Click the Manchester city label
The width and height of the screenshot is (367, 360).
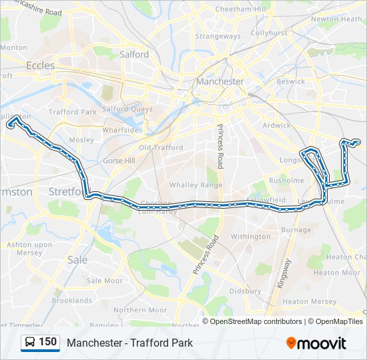pos(220,81)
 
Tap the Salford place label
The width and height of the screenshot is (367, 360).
pos(134,55)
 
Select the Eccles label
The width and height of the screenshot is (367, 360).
pos(40,65)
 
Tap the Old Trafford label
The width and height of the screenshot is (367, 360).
pos(160,147)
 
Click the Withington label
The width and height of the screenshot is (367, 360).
pos(250,237)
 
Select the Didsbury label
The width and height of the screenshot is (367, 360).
pos(245,291)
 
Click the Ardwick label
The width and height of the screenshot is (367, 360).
pos(276,125)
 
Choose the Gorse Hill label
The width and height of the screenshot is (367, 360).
pos(119,161)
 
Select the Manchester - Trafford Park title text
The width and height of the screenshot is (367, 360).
pos(129,343)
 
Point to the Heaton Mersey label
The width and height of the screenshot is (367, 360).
pos(309,301)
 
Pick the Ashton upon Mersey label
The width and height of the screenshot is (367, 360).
pos(29,249)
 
